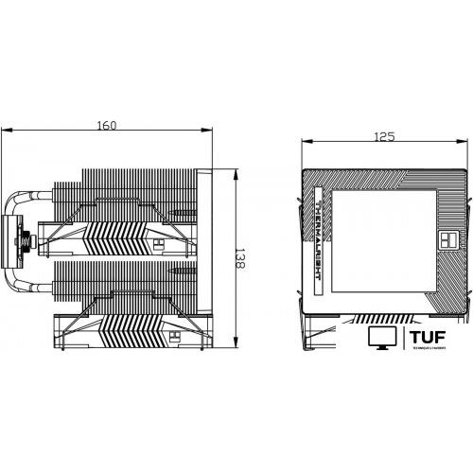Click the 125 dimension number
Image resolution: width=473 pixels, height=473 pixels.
(x=383, y=137)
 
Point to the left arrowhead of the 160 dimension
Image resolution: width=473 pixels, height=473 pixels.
(x=4, y=131)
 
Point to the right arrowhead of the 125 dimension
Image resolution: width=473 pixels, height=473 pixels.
(x=464, y=143)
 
